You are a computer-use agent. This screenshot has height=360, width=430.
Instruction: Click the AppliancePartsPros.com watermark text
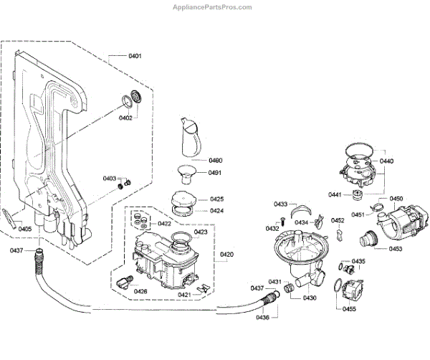pyautogui.click(x=214, y=6)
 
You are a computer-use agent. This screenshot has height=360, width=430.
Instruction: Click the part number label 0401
pyautogui.click(x=135, y=55)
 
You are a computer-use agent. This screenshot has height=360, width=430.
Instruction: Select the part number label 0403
pyautogui.click(x=109, y=178)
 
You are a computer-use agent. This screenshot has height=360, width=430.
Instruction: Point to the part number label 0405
pyautogui.click(x=24, y=229)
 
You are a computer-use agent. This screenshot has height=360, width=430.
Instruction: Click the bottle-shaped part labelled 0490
pyautogui.click(x=188, y=135)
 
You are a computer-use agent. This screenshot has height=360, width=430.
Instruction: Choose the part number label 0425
pyautogui.click(x=217, y=199)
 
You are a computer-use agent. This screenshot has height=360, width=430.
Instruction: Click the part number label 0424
pyautogui.click(x=217, y=211)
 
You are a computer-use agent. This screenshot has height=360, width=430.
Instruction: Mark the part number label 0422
pyautogui.click(x=165, y=223)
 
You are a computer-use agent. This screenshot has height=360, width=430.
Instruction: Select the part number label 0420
pyautogui.click(x=226, y=255)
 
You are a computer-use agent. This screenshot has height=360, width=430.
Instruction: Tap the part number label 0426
pyautogui.click(x=140, y=291)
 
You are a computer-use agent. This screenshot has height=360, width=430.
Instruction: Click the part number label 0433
pyautogui.click(x=280, y=204)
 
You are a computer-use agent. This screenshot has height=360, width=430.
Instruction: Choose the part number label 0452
pyautogui.click(x=338, y=220)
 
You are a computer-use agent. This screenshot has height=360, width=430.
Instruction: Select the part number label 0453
pyautogui.click(x=396, y=249)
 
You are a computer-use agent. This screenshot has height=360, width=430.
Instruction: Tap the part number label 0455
pyautogui.click(x=350, y=308)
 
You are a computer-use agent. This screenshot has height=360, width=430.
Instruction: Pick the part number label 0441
pyautogui.click(x=335, y=195)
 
